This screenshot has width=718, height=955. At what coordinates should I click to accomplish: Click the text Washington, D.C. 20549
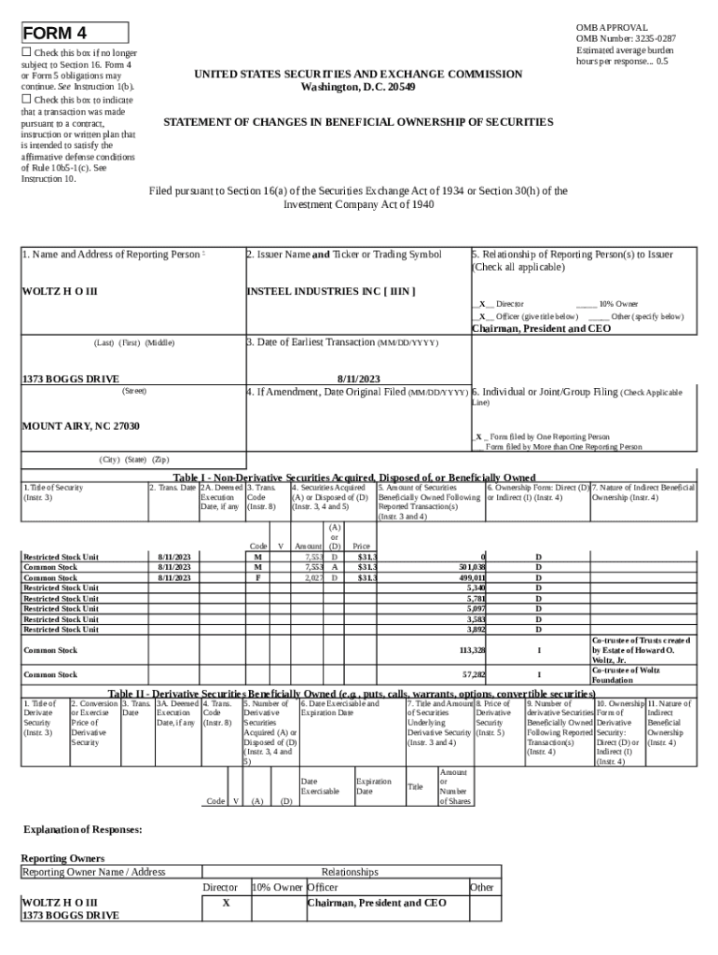click(x=358, y=87)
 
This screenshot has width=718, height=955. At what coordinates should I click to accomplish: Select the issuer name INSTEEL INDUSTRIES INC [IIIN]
click(x=330, y=292)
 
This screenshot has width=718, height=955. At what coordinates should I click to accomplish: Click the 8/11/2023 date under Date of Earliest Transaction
click(x=358, y=379)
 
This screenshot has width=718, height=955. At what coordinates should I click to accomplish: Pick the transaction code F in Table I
click(x=257, y=578)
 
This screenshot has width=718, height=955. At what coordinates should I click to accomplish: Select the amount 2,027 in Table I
click(x=313, y=578)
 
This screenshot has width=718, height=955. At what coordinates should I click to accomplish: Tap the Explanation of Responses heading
click(x=83, y=829)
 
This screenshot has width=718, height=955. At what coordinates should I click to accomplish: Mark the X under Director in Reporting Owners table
click(x=226, y=904)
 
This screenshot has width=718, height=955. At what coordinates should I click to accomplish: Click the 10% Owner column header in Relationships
click(x=277, y=888)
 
